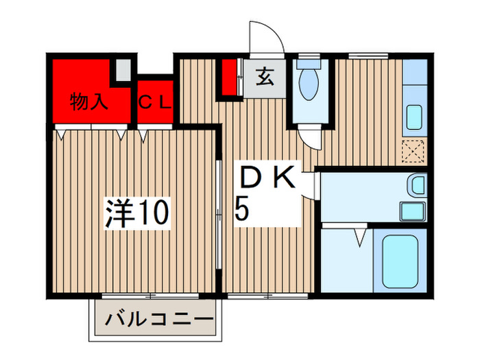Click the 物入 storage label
[90, 103]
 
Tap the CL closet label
[155, 103]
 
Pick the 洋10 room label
[136, 213]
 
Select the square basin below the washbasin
[411, 211]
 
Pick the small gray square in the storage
[122, 71]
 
